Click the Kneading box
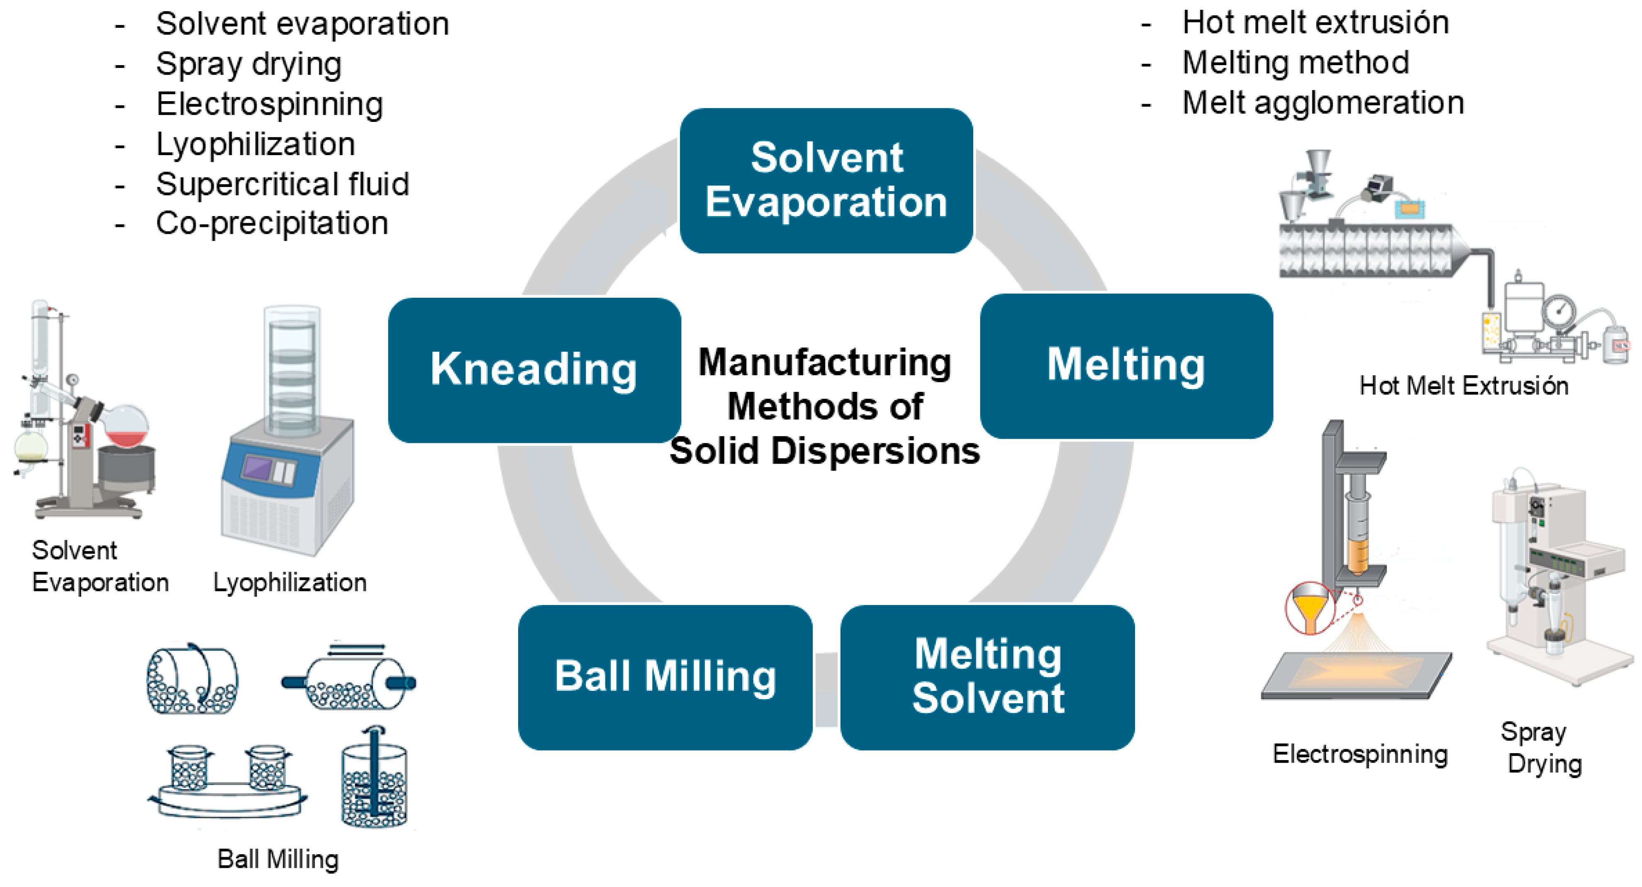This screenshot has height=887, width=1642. click(x=534, y=369)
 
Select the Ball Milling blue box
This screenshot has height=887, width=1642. click(x=665, y=677)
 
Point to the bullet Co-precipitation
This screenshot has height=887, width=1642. click(x=272, y=224)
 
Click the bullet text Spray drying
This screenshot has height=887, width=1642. click(x=248, y=64)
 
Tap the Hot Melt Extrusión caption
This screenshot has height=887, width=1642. click(x=1464, y=386)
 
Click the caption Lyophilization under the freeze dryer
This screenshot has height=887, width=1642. click(x=290, y=582)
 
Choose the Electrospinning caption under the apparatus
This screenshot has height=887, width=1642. click(x=1359, y=754)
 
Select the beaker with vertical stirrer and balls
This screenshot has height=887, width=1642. click(x=374, y=780)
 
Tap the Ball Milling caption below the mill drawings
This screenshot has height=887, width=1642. click(x=278, y=859)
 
